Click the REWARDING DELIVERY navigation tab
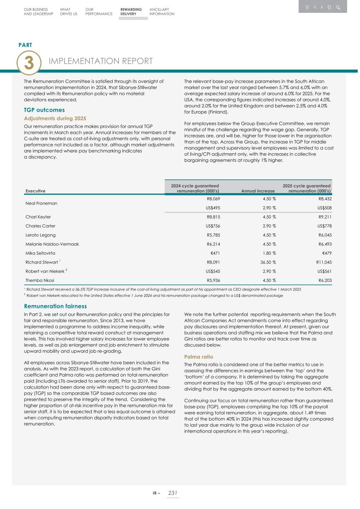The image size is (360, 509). pyautogui.click(x=131, y=12)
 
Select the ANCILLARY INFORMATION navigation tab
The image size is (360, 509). pyautogui.click(x=162, y=12)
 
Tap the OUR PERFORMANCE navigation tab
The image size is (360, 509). pyautogui.click(x=98, y=12)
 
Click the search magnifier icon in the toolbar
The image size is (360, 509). pyautogui.click(x=338, y=7)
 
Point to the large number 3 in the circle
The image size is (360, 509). pyautogui.click(x=29, y=63)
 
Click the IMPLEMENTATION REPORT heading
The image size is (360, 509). pyautogui.click(x=101, y=61)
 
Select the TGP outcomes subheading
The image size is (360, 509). pyautogui.click(x=44, y=110)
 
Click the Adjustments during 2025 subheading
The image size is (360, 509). pyautogui.click(x=55, y=119)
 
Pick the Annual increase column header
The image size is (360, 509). pyautogui.click(x=258, y=191)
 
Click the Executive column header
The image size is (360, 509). pyautogui.click(x=35, y=191)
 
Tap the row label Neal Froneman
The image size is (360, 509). pyautogui.click(x=41, y=203)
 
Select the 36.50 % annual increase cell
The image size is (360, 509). pyautogui.click(x=268, y=262)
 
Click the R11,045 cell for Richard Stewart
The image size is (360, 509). pyautogui.click(x=323, y=262)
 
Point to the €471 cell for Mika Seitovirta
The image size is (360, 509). pyautogui.click(x=215, y=253)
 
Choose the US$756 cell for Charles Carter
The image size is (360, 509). pyautogui.click(x=213, y=226)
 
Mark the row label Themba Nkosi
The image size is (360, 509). pyautogui.click(x=40, y=280)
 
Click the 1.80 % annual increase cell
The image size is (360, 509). pyautogui.click(x=269, y=253)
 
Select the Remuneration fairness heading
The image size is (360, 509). pyautogui.click(x=55, y=306)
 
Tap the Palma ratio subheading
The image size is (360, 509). pyautogui.click(x=198, y=357)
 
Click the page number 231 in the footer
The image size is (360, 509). pyautogui.click(x=172, y=493)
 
